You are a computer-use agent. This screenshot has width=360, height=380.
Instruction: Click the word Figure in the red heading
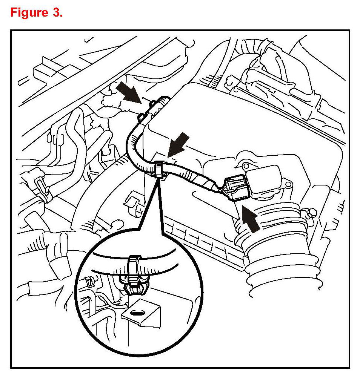tap(29, 12)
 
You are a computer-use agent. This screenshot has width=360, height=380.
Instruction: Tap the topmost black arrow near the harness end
tap(129, 92)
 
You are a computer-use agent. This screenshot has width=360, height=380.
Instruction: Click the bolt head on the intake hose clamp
tap(312, 213)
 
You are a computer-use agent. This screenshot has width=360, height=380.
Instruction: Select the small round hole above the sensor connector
tap(246, 166)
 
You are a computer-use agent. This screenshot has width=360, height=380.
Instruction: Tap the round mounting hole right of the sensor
tap(288, 184)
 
